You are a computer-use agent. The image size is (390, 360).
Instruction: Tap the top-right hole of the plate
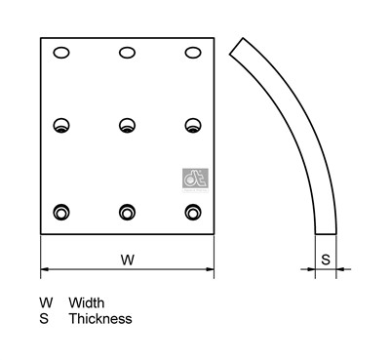click(192, 53)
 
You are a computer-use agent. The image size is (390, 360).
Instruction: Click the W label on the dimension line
click(127, 260)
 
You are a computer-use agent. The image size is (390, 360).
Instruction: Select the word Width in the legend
click(87, 303)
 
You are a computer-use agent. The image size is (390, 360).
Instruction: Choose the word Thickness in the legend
click(99, 318)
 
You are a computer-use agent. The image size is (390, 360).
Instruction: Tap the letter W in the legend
click(46, 303)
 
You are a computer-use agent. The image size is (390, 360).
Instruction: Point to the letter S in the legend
click(44, 318)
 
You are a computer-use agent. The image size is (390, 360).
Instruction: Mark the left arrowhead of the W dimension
click(45, 269)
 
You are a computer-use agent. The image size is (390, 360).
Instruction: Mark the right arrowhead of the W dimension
click(210, 269)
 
